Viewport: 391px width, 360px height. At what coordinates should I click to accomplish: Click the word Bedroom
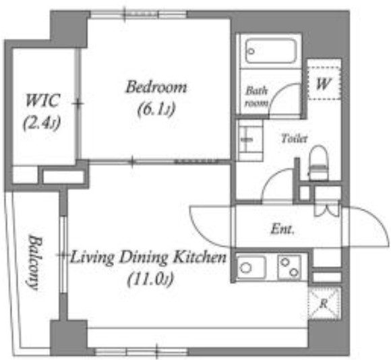click(x=156, y=87)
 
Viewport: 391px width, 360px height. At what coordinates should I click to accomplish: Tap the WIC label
click(x=43, y=100)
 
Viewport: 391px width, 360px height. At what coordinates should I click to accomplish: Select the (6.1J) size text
click(x=156, y=109)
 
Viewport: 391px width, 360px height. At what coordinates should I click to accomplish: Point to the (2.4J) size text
click(x=42, y=123)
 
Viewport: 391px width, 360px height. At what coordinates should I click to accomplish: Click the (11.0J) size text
click(x=150, y=280)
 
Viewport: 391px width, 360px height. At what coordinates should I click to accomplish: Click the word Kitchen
click(x=200, y=257)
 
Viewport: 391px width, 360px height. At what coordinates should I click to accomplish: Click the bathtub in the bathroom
click(x=270, y=51)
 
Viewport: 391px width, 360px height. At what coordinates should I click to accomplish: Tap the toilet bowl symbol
click(x=318, y=162)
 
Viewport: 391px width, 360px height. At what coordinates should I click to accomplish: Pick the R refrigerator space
click(x=324, y=303)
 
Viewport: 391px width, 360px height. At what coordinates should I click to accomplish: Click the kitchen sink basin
click(x=251, y=267)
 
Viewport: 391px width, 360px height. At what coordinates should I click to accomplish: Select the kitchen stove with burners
click(x=289, y=267)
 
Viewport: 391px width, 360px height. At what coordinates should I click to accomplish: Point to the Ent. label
click(x=282, y=229)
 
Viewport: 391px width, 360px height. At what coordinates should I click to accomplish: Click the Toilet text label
click(x=294, y=138)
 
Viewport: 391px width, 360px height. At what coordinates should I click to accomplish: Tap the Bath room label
click(x=257, y=96)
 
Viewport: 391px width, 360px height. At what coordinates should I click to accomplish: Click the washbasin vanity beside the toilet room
click(x=250, y=140)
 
